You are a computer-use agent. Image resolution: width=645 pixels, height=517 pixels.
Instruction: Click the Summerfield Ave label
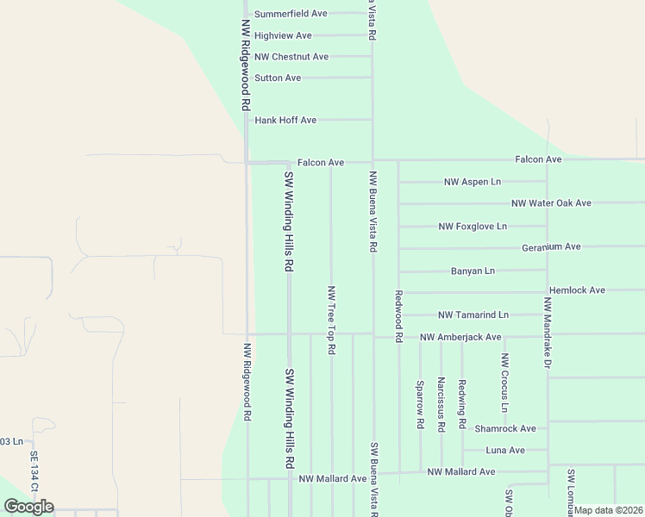pos(291,14)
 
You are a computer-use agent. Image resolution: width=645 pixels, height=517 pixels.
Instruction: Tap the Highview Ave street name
pos(283,35)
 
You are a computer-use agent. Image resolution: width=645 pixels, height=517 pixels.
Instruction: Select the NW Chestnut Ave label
pos(291,57)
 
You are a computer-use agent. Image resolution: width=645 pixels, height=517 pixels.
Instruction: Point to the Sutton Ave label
pos(278,78)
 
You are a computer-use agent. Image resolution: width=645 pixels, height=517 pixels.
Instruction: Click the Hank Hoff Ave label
pos(286,120)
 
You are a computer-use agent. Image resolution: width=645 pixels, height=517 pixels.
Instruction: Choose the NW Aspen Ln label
pos(472,183)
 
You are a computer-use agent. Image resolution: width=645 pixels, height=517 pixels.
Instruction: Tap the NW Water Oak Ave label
pos(551,203)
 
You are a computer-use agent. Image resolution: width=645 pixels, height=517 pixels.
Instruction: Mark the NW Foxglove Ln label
pos(473,227)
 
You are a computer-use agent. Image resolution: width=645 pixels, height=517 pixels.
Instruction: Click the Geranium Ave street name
pos(551,247)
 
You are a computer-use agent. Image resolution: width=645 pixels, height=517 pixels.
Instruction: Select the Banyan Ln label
pos(473,271)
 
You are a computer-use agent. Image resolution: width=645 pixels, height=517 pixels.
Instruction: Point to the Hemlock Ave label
pos(577,290)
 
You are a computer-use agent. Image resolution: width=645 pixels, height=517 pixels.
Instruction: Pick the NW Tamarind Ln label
pos(473,315)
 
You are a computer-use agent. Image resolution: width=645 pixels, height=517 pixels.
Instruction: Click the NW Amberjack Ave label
pos(460,337)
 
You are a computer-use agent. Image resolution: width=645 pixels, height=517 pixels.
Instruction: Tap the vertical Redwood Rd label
pos(399,317)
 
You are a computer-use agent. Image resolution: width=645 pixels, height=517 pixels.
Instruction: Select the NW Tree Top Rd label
pos(331,320)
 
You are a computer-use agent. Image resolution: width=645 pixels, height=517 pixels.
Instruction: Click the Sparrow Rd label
pos(420,405)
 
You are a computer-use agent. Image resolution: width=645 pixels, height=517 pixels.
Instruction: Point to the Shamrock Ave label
pos(505,428)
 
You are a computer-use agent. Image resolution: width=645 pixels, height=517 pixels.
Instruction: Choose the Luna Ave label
pos(505,450)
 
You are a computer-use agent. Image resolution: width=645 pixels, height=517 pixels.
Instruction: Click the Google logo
pos(28,506)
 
